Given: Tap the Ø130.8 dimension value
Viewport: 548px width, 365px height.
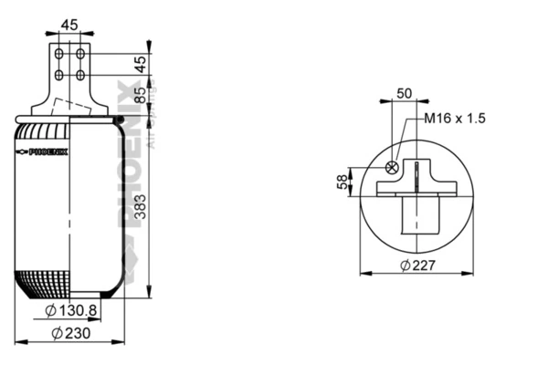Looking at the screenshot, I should click(76, 310).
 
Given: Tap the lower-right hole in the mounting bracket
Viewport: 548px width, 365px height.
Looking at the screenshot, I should click(80, 75).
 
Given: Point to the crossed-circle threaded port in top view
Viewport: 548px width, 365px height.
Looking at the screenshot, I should click(393, 167).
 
